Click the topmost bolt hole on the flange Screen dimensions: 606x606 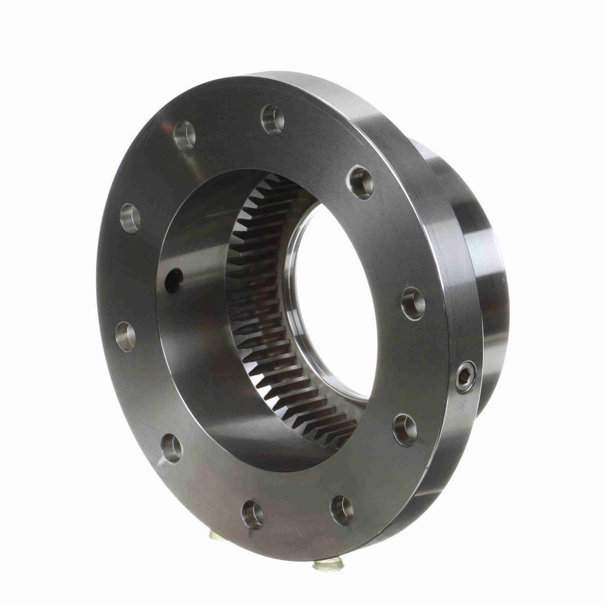coord(272,120)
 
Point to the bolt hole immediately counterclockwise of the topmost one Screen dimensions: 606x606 coord(184,135)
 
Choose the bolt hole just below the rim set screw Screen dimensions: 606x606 coord(405,430)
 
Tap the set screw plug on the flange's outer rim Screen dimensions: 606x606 coord(461,374)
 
